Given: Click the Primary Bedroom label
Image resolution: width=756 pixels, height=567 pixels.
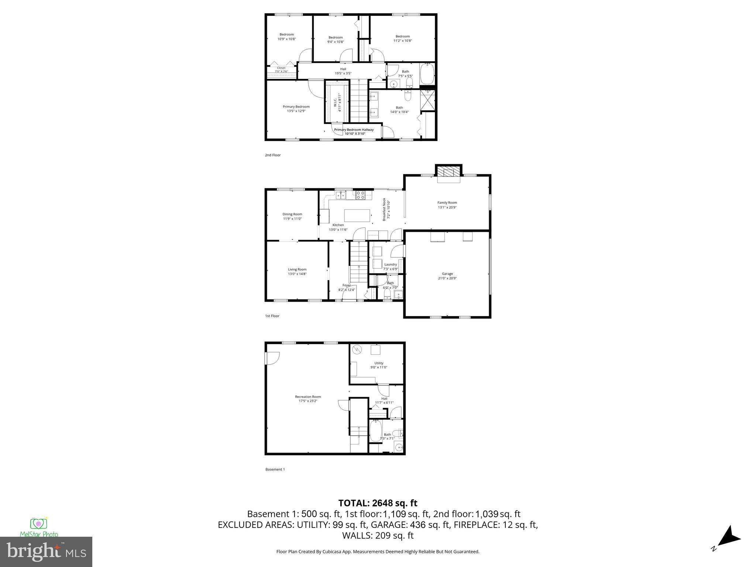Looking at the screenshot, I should pos(296,107).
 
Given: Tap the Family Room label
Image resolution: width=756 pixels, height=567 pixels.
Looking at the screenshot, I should pos(447,203).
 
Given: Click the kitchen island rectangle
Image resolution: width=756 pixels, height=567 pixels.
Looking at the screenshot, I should pos(357,215).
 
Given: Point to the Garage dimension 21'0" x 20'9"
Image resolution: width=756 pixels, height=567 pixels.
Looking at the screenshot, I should pos(447,278).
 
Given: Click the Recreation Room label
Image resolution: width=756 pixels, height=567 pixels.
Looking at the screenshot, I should pos(308,397).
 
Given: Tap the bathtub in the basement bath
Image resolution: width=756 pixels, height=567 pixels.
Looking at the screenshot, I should pos(376,431).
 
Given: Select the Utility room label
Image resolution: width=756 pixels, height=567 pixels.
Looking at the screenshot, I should pos(379,363).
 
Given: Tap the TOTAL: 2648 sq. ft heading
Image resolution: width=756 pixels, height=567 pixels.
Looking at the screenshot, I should pos(378,503).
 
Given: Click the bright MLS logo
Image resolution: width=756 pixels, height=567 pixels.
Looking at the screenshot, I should pos(46,551).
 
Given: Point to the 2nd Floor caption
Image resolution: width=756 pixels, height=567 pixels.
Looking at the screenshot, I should pos(272,155).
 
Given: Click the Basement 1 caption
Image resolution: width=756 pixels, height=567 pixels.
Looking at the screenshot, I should pos(275,470).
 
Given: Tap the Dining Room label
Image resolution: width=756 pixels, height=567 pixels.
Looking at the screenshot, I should pos(292,214).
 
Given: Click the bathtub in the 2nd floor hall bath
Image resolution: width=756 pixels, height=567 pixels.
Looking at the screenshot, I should pos(427,74).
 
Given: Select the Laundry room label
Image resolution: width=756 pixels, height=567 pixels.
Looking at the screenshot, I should pos(390,264).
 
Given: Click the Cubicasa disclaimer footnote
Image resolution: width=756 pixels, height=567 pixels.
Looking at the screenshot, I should pos(378,551).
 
